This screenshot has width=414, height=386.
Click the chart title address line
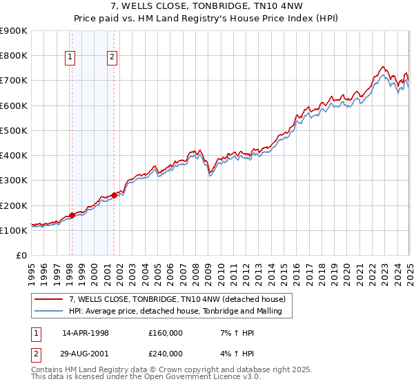tap(207, 8)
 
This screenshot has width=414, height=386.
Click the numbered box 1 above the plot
tap(70, 58)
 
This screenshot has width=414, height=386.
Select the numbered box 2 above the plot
tap(112, 58)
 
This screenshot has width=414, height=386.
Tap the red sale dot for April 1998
tap(72, 216)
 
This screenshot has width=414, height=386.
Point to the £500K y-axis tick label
tap(14, 130)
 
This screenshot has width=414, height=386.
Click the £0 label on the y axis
tap(21, 255)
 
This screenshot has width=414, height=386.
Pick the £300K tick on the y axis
tap(14, 181)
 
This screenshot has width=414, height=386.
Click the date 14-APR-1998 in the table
tap(86, 333)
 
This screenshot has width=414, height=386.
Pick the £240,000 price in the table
tap(166, 354)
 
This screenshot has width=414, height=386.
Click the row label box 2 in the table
tap(36, 354)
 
